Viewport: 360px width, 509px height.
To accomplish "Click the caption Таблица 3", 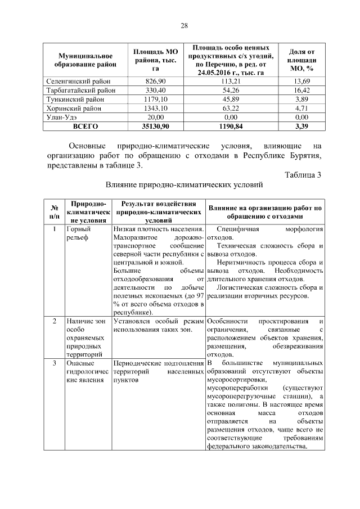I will point(303,175).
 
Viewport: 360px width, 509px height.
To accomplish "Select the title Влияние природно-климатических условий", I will point(184,184).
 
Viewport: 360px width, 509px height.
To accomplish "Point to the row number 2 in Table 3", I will point(54,321).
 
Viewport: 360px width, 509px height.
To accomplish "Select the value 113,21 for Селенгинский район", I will point(231,82).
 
